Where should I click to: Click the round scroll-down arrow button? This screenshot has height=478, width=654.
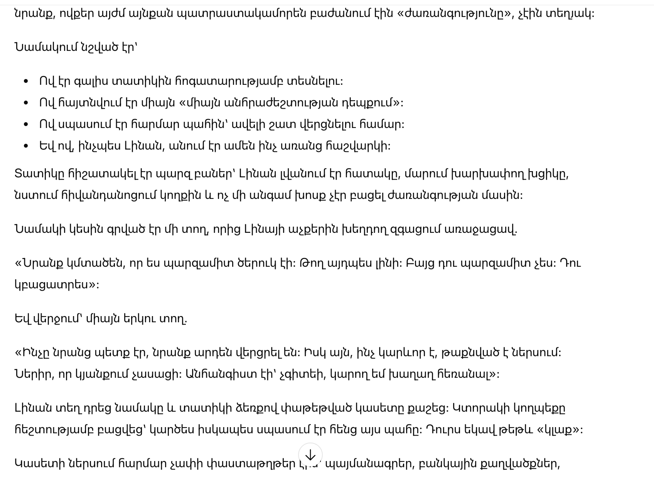click(x=310, y=455)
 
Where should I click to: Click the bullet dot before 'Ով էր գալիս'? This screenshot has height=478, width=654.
click(x=26, y=81)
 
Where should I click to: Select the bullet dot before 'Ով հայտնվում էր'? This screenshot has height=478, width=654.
click(x=26, y=103)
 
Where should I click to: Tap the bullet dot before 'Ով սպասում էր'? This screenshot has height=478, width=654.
click(x=26, y=125)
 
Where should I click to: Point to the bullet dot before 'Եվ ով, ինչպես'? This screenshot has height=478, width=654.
click(x=26, y=146)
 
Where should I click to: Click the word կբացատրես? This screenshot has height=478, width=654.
click(x=54, y=285)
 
